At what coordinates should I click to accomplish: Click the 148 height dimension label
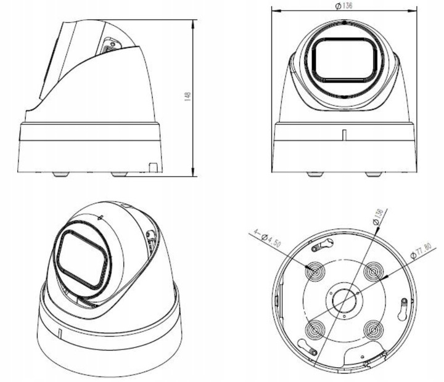(x=187, y=97)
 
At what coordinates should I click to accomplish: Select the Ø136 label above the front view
(x=343, y=6)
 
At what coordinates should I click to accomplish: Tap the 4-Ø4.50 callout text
(x=267, y=238)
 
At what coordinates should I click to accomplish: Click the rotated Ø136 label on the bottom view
(x=378, y=216)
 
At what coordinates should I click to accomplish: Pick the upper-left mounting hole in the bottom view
(x=315, y=271)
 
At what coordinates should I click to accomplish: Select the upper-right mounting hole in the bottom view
(x=374, y=272)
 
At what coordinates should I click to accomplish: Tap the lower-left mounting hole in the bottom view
(x=315, y=330)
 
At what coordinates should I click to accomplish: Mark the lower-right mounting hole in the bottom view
(x=374, y=330)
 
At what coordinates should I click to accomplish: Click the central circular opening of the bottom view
(x=344, y=300)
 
